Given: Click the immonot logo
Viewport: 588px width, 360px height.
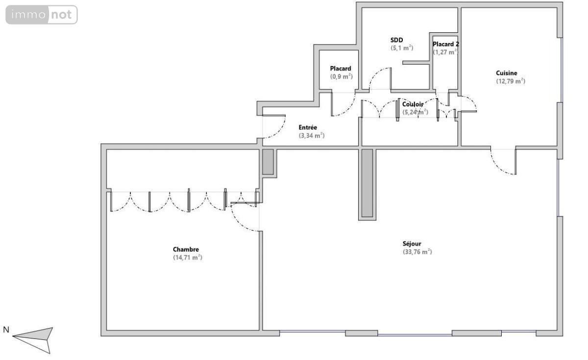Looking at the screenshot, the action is click(42, 15).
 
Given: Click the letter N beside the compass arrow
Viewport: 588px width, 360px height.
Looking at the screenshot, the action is click(6, 330).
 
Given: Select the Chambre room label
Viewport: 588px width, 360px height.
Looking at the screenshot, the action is click(186, 249).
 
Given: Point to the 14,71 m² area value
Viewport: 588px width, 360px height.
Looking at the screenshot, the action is click(187, 258).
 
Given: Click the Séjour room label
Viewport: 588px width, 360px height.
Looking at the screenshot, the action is click(412, 243).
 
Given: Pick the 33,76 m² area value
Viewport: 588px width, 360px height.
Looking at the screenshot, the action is click(417, 252).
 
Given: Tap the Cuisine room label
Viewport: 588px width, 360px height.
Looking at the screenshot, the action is click(507, 73).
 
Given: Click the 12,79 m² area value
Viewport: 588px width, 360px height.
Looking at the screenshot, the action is click(511, 81).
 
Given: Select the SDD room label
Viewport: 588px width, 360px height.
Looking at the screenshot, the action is click(396, 40).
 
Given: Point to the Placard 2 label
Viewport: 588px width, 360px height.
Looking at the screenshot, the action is click(446, 44).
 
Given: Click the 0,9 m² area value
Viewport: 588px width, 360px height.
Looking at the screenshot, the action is click(341, 76).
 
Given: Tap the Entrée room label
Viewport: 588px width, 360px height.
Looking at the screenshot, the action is click(308, 127).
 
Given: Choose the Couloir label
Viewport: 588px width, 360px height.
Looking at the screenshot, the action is click(413, 104).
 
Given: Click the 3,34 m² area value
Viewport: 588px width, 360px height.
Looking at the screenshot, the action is click(312, 136).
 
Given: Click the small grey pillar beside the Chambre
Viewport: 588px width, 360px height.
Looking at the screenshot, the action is click(268, 162).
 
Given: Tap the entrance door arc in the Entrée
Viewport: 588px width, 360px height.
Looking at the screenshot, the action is click(274, 127).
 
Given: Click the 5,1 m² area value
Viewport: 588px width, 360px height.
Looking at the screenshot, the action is click(402, 48).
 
